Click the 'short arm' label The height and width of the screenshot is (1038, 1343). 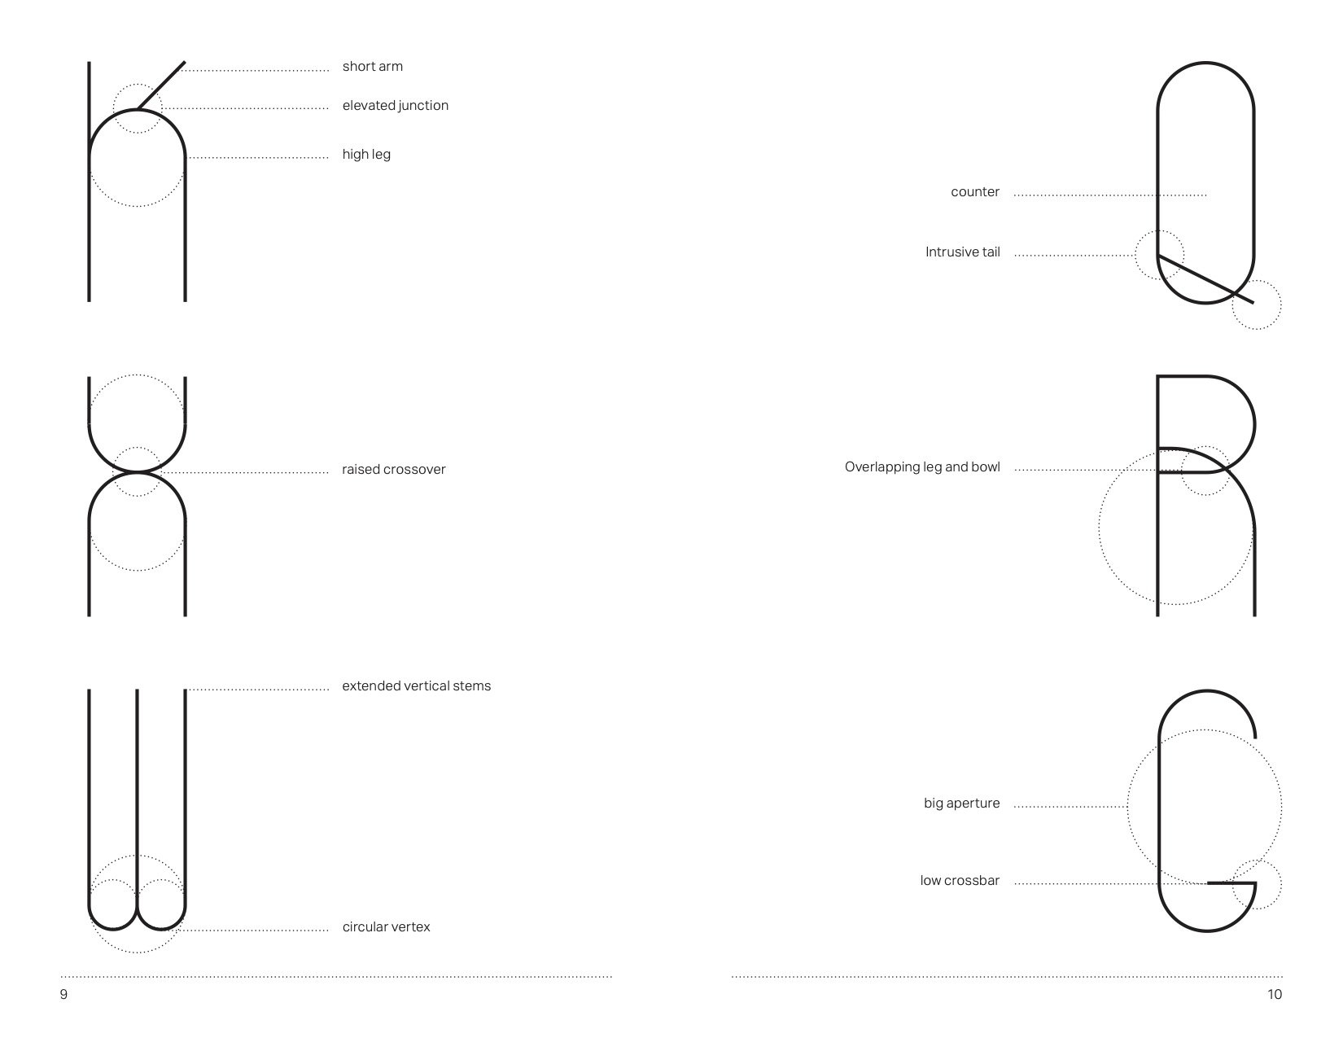point(372,67)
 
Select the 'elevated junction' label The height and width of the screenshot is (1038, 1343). point(395,106)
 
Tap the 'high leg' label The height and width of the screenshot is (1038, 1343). point(366,155)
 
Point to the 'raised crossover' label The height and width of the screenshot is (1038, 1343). point(393,470)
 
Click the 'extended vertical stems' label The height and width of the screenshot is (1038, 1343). point(416,686)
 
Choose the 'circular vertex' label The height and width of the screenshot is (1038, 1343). point(386,927)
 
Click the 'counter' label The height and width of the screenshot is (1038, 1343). point(974,193)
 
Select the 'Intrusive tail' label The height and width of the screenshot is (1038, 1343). point(962,252)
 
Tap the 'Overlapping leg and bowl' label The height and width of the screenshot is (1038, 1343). point(921,467)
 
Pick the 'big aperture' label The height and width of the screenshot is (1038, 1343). point(961,804)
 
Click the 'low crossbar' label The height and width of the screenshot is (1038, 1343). point(960,881)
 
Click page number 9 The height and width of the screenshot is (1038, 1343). point(63,995)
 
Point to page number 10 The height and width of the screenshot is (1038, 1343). point(1274,995)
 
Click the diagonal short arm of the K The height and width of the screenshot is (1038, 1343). point(162,85)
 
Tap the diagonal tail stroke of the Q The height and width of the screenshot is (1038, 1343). point(1205,279)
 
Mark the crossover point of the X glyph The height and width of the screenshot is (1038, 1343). point(137,472)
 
